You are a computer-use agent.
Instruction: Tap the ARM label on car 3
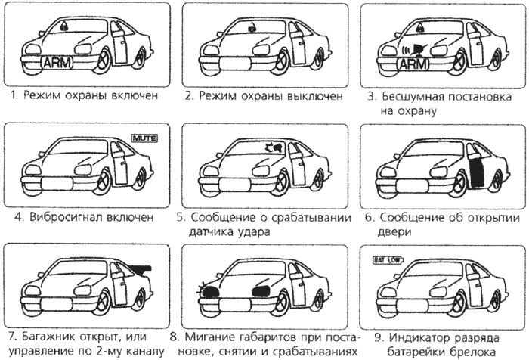tap(411, 64)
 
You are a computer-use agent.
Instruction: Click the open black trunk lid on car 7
tap(139, 267)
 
